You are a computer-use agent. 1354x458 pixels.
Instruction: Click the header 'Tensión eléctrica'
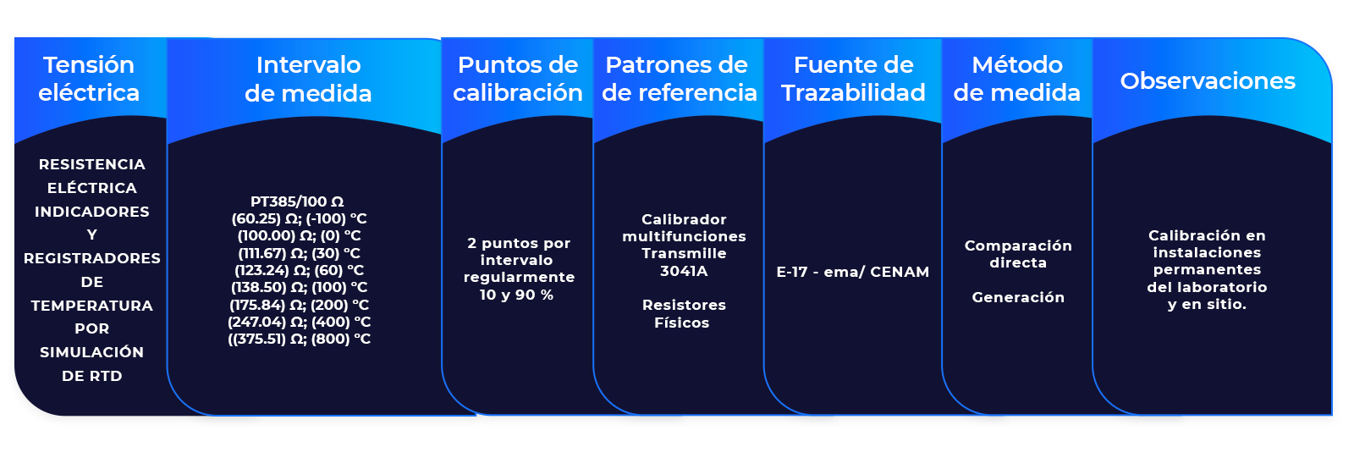click(89, 79)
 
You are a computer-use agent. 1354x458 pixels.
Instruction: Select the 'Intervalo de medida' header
click(308, 79)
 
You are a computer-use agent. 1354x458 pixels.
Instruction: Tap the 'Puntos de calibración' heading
click(517, 79)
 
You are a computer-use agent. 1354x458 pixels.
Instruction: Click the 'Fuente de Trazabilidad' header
click(853, 79)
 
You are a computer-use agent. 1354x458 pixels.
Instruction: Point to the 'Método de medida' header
click(1016, 79)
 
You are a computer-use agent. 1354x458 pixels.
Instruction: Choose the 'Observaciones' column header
click(1208, 80)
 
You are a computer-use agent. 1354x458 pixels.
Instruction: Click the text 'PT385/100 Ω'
click(297, 201)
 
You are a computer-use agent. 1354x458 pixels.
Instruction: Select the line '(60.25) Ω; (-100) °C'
click(300, 218)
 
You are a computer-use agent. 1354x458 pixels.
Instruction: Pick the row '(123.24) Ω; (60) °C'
click(300, 270)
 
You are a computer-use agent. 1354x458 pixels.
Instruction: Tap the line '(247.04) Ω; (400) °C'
click(300, 322)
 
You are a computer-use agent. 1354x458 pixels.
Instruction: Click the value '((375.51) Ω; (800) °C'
click(300, 339)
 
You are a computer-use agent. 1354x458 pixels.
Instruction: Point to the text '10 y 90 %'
click(516, 295)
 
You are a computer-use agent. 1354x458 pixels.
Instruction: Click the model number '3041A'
click(684, 271)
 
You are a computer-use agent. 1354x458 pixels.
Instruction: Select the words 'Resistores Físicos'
click(683, 313)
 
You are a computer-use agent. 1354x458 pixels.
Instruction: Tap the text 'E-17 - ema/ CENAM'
click(853, 272)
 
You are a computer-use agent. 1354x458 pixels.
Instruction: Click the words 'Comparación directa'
click(1018, 254)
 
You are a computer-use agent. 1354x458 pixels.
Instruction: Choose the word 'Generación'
click(1018, 297)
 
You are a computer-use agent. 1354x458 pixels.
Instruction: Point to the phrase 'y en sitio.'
click(1207, 304)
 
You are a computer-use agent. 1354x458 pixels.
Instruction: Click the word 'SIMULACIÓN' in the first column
click(91, 352)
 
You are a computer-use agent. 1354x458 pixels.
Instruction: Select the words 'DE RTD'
click(91, 376)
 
